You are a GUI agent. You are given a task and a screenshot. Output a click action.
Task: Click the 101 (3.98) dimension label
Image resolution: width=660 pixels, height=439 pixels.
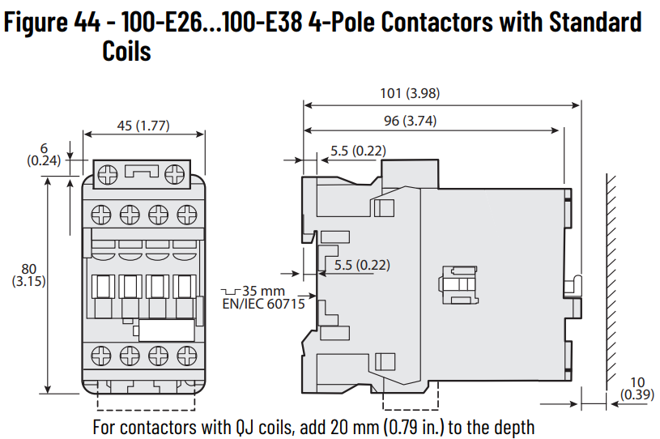click(x=410, y=93)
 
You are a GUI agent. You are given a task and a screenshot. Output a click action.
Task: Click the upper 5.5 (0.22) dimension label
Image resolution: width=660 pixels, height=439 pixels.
click(x=358, y=150)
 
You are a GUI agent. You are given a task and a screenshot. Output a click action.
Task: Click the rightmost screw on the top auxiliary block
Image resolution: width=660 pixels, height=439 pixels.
click(x=175, y=173)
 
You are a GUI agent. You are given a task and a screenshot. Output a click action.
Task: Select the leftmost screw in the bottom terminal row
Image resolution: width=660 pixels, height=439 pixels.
click(x=102, y=355)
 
